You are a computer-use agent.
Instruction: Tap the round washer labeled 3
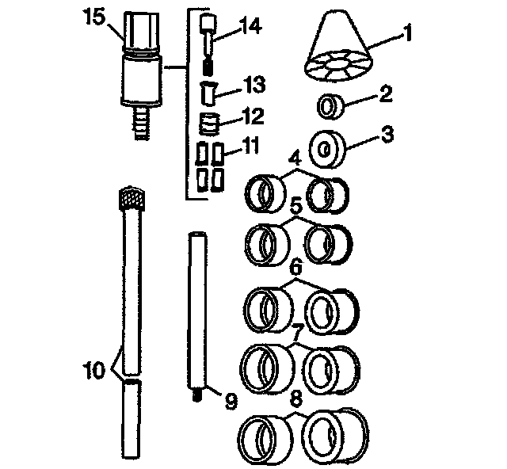coord(326,147)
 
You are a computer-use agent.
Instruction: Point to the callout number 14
coord(249,27)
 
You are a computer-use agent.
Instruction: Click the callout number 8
coord(295,399)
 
